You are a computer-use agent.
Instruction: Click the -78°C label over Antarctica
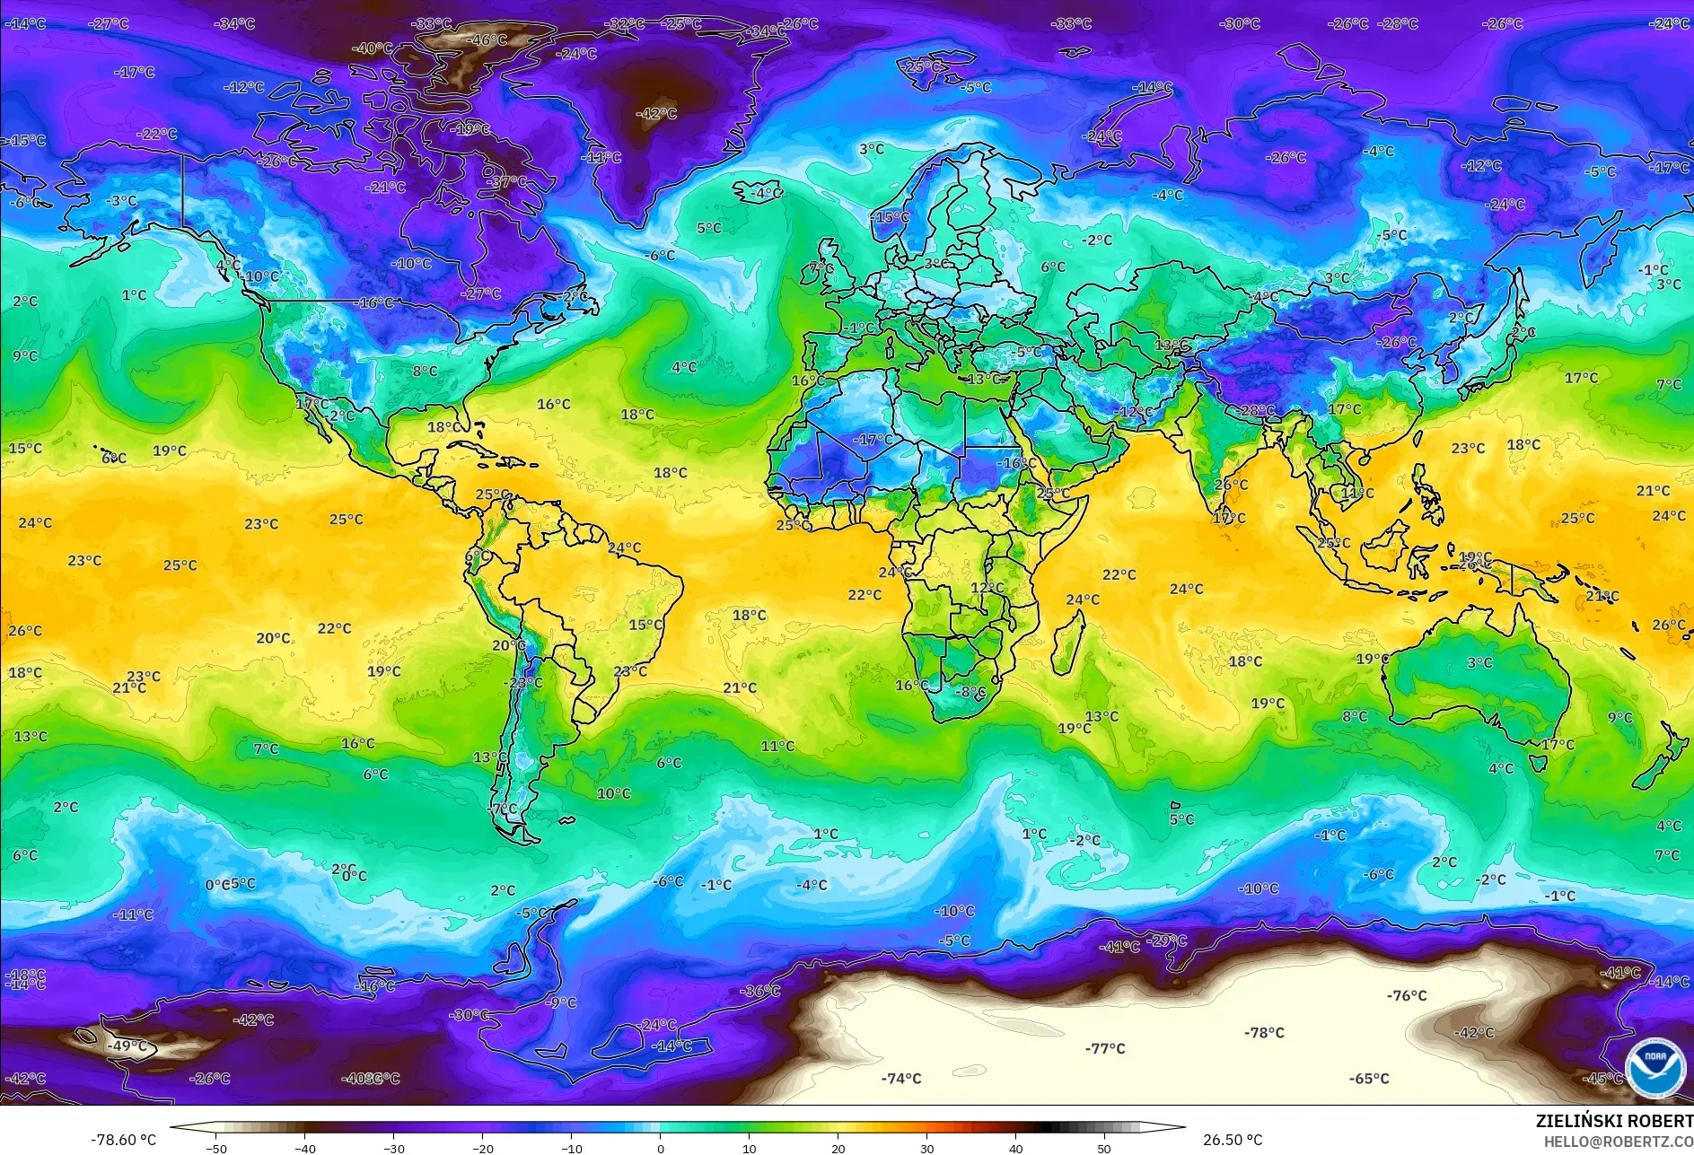tap(1264, 1033)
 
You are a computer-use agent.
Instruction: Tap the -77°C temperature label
tap(1104, 1048)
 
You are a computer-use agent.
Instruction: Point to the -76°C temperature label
tap(1407, 995)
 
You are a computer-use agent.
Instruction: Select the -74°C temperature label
tap(901, 1079)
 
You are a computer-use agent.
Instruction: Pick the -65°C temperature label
tap(1369, 1079)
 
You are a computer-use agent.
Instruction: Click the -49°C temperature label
tap(127, 1046)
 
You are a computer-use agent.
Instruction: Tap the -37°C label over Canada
tap(507, 182)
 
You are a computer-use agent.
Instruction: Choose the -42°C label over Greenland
tap(656, 114)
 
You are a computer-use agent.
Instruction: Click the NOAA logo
tap(1655, 1067)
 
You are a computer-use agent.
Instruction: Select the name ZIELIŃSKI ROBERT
tap(1614, 1121)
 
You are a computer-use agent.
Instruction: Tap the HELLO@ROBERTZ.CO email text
tap(1619, 1142)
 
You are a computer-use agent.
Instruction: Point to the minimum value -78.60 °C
tap(124, 1140)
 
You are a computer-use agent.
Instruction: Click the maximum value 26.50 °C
tap(1233, 1140)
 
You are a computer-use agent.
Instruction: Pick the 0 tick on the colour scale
tap(661, 1148)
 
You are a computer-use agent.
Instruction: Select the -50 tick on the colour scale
tap(215, 1148)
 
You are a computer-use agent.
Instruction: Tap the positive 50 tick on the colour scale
tap(1104, 1148)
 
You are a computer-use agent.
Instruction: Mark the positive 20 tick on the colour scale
tap(838, 1148)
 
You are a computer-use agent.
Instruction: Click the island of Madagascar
tap(1067, 643)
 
